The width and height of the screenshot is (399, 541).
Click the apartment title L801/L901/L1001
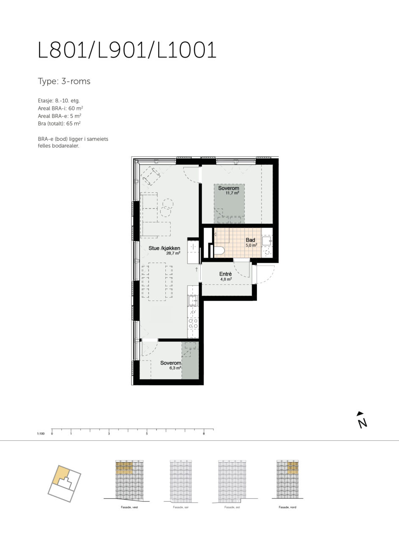(x=127, y=50)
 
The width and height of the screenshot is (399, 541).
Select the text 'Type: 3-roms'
(x=64, y=82)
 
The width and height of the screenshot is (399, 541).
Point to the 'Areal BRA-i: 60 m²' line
(x=61, y=108)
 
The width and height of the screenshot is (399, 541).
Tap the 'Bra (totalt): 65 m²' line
(x=59, y=123)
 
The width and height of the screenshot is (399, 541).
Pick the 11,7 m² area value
(x=232, y=193)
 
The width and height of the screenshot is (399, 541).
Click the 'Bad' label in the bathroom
(x=250, y=240)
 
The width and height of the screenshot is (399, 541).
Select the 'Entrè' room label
(x=226, y=274)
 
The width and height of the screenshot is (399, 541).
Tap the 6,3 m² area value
(x=175, y=368)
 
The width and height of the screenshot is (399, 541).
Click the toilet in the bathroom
(x=219, y=250)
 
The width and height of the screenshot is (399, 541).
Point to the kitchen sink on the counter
(x=193, y=301)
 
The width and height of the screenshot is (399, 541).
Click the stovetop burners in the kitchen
(x=193, y=323)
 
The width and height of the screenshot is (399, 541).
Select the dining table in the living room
(x=157, y=281)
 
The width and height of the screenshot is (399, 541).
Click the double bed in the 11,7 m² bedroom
(x=229, y=204)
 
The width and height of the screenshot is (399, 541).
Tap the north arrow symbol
(x=362, y=421)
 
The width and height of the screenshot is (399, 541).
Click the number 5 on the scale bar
(x=147, y=434)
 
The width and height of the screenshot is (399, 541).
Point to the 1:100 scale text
(x=41, y=434)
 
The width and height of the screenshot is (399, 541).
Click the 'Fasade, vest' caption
(x=129, y=507)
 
